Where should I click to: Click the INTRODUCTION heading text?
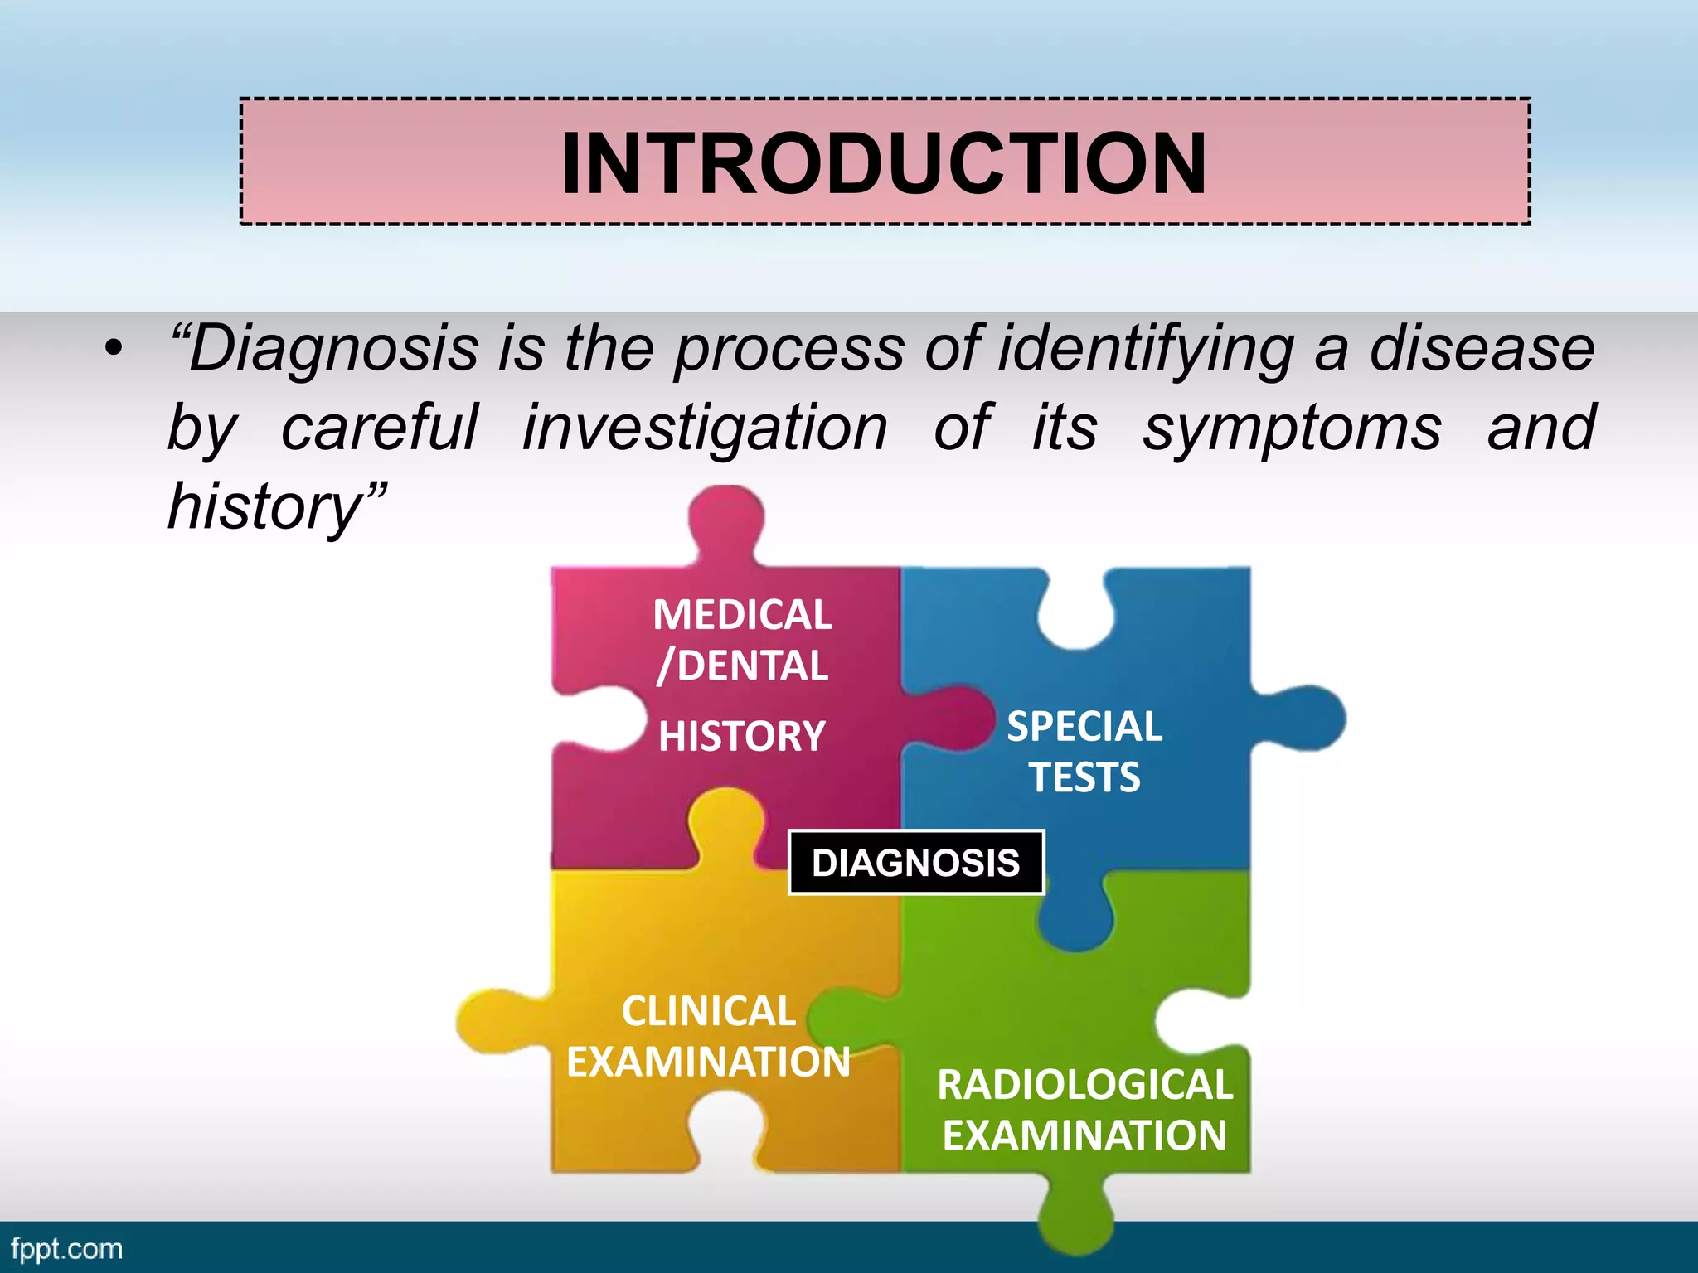click(x=884, y=163)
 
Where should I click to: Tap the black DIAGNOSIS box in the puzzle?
click(x=915, y=863)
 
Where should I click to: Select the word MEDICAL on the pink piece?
click(x=742, y=615)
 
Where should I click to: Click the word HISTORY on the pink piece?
click(x=742, y=736)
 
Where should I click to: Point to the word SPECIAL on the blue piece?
click(x=1084, y=727)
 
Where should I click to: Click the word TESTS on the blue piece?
click(x=1084, y=777)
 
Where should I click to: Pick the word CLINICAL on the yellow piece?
click(x=709, y=1011)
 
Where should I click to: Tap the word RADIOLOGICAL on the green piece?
click(x=1084, y=1085)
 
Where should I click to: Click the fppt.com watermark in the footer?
click(x=66, y=1248)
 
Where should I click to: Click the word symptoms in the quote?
click(x=1292, y=428)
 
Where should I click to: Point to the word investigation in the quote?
click(x=705, y=428)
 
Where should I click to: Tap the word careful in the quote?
click(x=380, y=428)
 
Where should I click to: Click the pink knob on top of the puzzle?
click(x=726, y=518)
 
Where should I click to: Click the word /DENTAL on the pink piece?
click(x=742, y=666)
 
